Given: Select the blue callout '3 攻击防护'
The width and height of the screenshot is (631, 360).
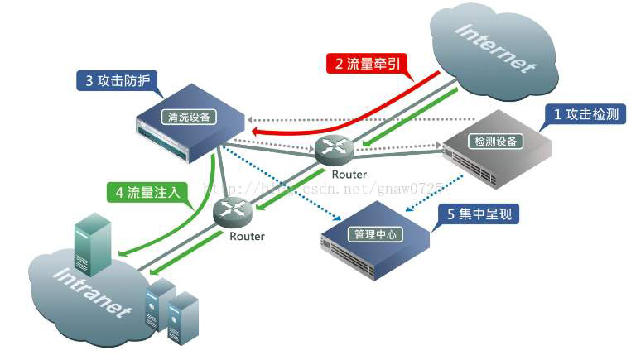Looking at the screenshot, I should click(x=116, y=82).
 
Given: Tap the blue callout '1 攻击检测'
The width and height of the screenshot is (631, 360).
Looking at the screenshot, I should click(x=584, y=114).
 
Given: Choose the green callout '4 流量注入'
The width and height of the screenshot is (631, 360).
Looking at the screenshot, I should click(x=148, y=193).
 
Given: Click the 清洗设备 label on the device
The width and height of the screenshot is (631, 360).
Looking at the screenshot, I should click(x=188, y=117).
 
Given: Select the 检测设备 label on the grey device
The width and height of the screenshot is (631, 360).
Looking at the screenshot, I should click(x=494, y=141).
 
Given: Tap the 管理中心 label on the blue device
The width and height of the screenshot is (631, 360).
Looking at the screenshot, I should click(x=374, y=234).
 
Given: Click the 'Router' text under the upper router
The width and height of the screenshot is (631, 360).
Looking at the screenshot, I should click(x=349, y=175).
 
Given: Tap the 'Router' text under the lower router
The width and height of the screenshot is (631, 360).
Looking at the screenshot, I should click(x=247, y=237).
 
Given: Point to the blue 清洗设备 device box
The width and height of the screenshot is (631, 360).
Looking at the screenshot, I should click(x=190, y=124).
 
